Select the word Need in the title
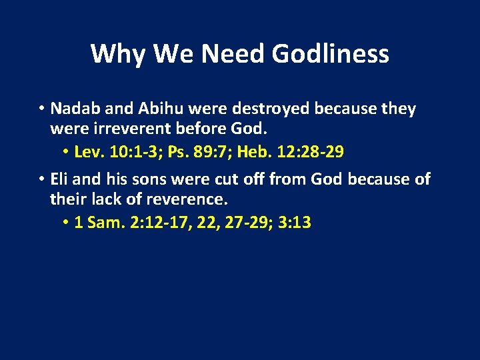[x=227, y=53]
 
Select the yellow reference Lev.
[x=88, y=152]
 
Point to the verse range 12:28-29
[x=312, y=152]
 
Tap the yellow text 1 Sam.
[x=96, y=223]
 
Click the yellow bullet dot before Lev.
[x=67, y=153]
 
